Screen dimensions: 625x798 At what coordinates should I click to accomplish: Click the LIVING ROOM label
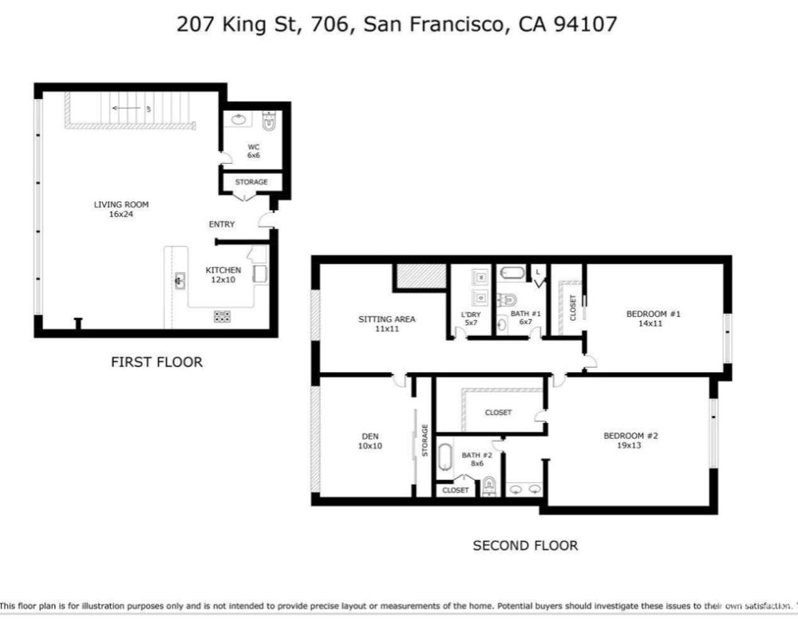coord(121,204)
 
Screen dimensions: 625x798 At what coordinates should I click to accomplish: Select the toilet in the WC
coord(268,122)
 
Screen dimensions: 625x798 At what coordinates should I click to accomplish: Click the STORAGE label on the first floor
coord(251,182)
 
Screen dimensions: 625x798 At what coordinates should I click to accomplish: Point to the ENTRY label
coord(222,224)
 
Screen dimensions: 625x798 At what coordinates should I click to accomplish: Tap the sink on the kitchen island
coord(179,281)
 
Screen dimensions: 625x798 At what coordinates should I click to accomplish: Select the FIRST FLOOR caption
coord(156,362)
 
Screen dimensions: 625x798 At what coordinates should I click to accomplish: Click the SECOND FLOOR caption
coord(525,545)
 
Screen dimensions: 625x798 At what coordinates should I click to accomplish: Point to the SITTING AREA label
coord(386,319)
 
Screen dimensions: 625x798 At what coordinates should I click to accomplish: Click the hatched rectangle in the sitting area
coord(419,276)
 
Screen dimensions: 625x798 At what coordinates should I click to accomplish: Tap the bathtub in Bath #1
coord(512,274)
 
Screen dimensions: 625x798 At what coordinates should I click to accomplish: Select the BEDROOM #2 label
coord(630,435)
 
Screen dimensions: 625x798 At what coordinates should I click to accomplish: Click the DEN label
coord(369,436)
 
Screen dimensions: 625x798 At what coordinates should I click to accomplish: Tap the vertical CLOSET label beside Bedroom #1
coord(573,307)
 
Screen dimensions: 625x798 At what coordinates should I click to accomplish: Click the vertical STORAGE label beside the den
coord(425,441)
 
